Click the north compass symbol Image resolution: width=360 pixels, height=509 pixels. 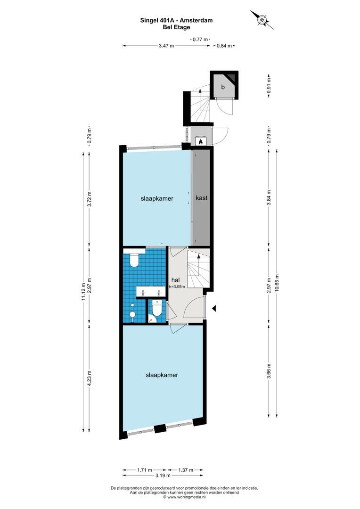(262, 20)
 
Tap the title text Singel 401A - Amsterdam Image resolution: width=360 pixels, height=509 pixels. (176, 20)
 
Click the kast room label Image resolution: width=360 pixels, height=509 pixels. (202, 197)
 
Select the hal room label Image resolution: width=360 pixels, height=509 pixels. (176, 280)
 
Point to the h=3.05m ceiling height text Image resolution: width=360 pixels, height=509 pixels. (177, 287)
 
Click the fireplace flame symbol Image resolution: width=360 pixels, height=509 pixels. (201, 141)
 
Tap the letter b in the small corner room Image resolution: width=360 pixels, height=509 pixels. (223, 87)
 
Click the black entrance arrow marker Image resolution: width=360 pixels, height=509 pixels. (214, 308)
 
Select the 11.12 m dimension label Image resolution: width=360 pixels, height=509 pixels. (83, 292)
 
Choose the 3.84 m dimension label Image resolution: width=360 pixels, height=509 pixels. (269, 197)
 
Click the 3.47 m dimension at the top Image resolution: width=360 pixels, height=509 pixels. (166, 46)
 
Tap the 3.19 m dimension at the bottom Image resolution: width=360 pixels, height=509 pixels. (163, 476)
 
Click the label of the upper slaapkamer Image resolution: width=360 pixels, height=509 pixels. (157, 199)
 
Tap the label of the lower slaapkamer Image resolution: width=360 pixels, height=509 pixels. (162, 375)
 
